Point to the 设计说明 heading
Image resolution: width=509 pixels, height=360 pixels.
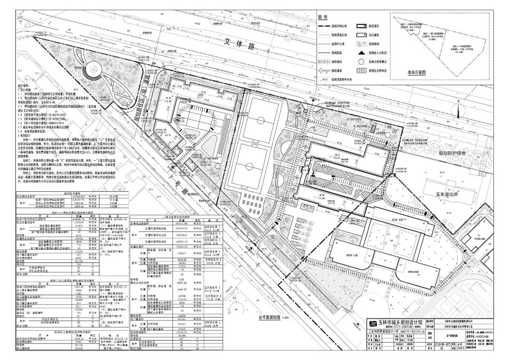24,87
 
